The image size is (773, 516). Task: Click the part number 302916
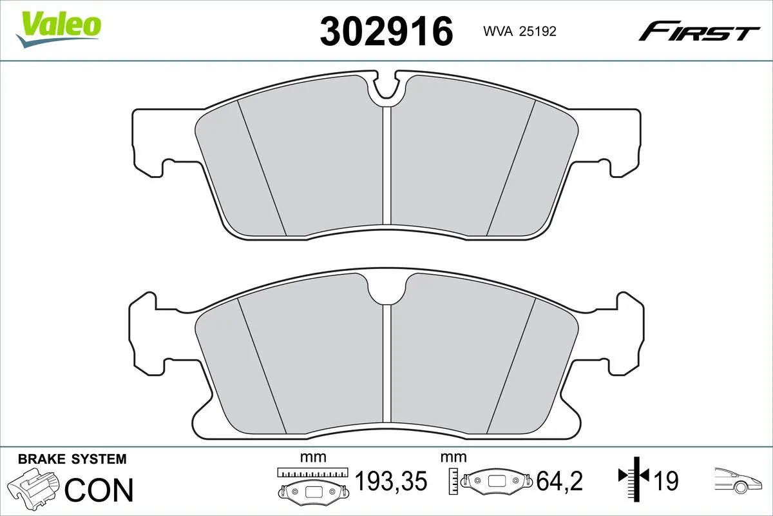pos(386,32)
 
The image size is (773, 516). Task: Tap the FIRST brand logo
pos(698,31)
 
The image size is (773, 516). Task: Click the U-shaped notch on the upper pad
pos(386,87)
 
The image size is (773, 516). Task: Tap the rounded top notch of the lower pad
pos(386,288)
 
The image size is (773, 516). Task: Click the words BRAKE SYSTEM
pos(72,459)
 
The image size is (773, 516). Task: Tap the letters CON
pos(100,490)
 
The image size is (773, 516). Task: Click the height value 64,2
pos(560,481)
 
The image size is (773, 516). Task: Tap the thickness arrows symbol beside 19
pos(635,477)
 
